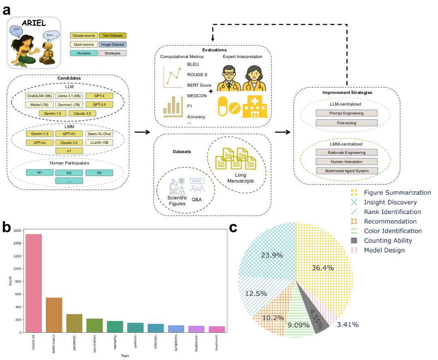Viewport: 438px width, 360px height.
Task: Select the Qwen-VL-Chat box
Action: (99, 134)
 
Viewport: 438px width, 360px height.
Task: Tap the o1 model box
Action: (69, 151)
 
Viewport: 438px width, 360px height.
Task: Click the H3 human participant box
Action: (99, 173)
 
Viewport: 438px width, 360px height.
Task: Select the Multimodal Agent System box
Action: (347, 171)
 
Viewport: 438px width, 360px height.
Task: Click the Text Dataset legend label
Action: (112, 36)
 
